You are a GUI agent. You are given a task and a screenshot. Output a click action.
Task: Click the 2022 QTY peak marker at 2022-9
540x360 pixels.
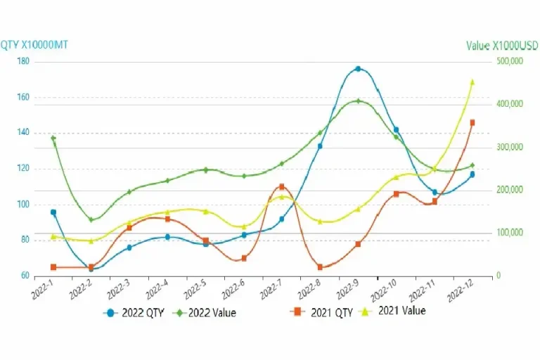[x=358, y=69]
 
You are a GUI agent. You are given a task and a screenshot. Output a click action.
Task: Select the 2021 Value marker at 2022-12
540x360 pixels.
[x=472, y=82]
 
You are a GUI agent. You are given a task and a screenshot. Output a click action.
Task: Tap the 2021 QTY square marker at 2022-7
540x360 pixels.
[x=281, y=186]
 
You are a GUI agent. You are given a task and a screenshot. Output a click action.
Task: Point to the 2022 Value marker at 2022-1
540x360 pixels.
[x=53, y=139]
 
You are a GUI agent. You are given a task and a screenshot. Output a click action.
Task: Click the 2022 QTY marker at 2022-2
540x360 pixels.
[x=91, y=269]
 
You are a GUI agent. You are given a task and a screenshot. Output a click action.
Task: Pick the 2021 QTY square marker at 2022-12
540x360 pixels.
[x=472, y=122]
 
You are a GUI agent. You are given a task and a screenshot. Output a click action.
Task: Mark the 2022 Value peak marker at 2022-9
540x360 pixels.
[x=358, y=101]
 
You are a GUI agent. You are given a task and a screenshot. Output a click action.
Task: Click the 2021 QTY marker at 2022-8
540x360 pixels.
[x=320, y=267]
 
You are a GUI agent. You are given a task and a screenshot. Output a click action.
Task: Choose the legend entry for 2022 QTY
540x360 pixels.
[x=134, y=313]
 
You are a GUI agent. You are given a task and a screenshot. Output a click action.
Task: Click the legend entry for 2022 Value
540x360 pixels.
[x=205, y=313]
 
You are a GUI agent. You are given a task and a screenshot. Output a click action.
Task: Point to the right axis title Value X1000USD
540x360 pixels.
[x=501, y=46]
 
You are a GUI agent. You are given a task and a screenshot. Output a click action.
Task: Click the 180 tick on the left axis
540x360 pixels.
[x=22, y=62]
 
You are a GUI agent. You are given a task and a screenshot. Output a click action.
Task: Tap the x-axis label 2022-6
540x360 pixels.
[x=233, y=290]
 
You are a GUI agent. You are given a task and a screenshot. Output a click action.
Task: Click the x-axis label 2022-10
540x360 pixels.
[x=384, y=290]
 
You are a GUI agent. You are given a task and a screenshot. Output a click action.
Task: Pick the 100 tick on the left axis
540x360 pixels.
[x=22, y=205]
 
